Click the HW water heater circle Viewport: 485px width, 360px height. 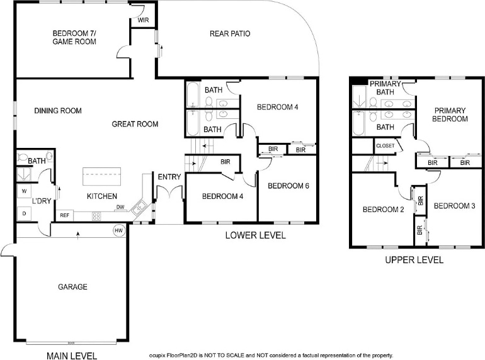[x=119, y=230]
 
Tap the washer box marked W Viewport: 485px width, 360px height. [x=24, y=191]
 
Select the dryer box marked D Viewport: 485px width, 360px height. [x=24, y=213]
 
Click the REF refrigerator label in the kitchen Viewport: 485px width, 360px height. [x=64, y=215]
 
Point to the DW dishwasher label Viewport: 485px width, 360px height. [x=120, y=207]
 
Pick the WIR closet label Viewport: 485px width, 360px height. [x=143, y=20]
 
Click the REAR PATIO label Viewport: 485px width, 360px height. [x=230, y=33]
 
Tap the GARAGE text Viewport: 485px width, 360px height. [x=72, y=287]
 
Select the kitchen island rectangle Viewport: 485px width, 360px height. [x=102, y=176]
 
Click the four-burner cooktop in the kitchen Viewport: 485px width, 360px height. [x=96, y=216]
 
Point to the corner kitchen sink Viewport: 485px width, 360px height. [x=139, y=207]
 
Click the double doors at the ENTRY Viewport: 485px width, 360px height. [x=169, y=192]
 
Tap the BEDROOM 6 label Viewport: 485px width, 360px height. [x=288, y=186]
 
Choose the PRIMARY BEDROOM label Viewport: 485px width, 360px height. [x=450, y=115]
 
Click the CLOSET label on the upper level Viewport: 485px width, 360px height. [x=385, y=146]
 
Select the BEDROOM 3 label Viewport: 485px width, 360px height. [x=454, y=206]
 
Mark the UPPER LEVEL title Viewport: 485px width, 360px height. [x=414, y=260]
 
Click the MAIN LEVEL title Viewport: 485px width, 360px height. [x=72, y=356]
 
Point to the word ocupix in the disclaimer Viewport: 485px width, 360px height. [x=157, y=356]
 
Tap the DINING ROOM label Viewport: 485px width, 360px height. [x=58, y=111]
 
